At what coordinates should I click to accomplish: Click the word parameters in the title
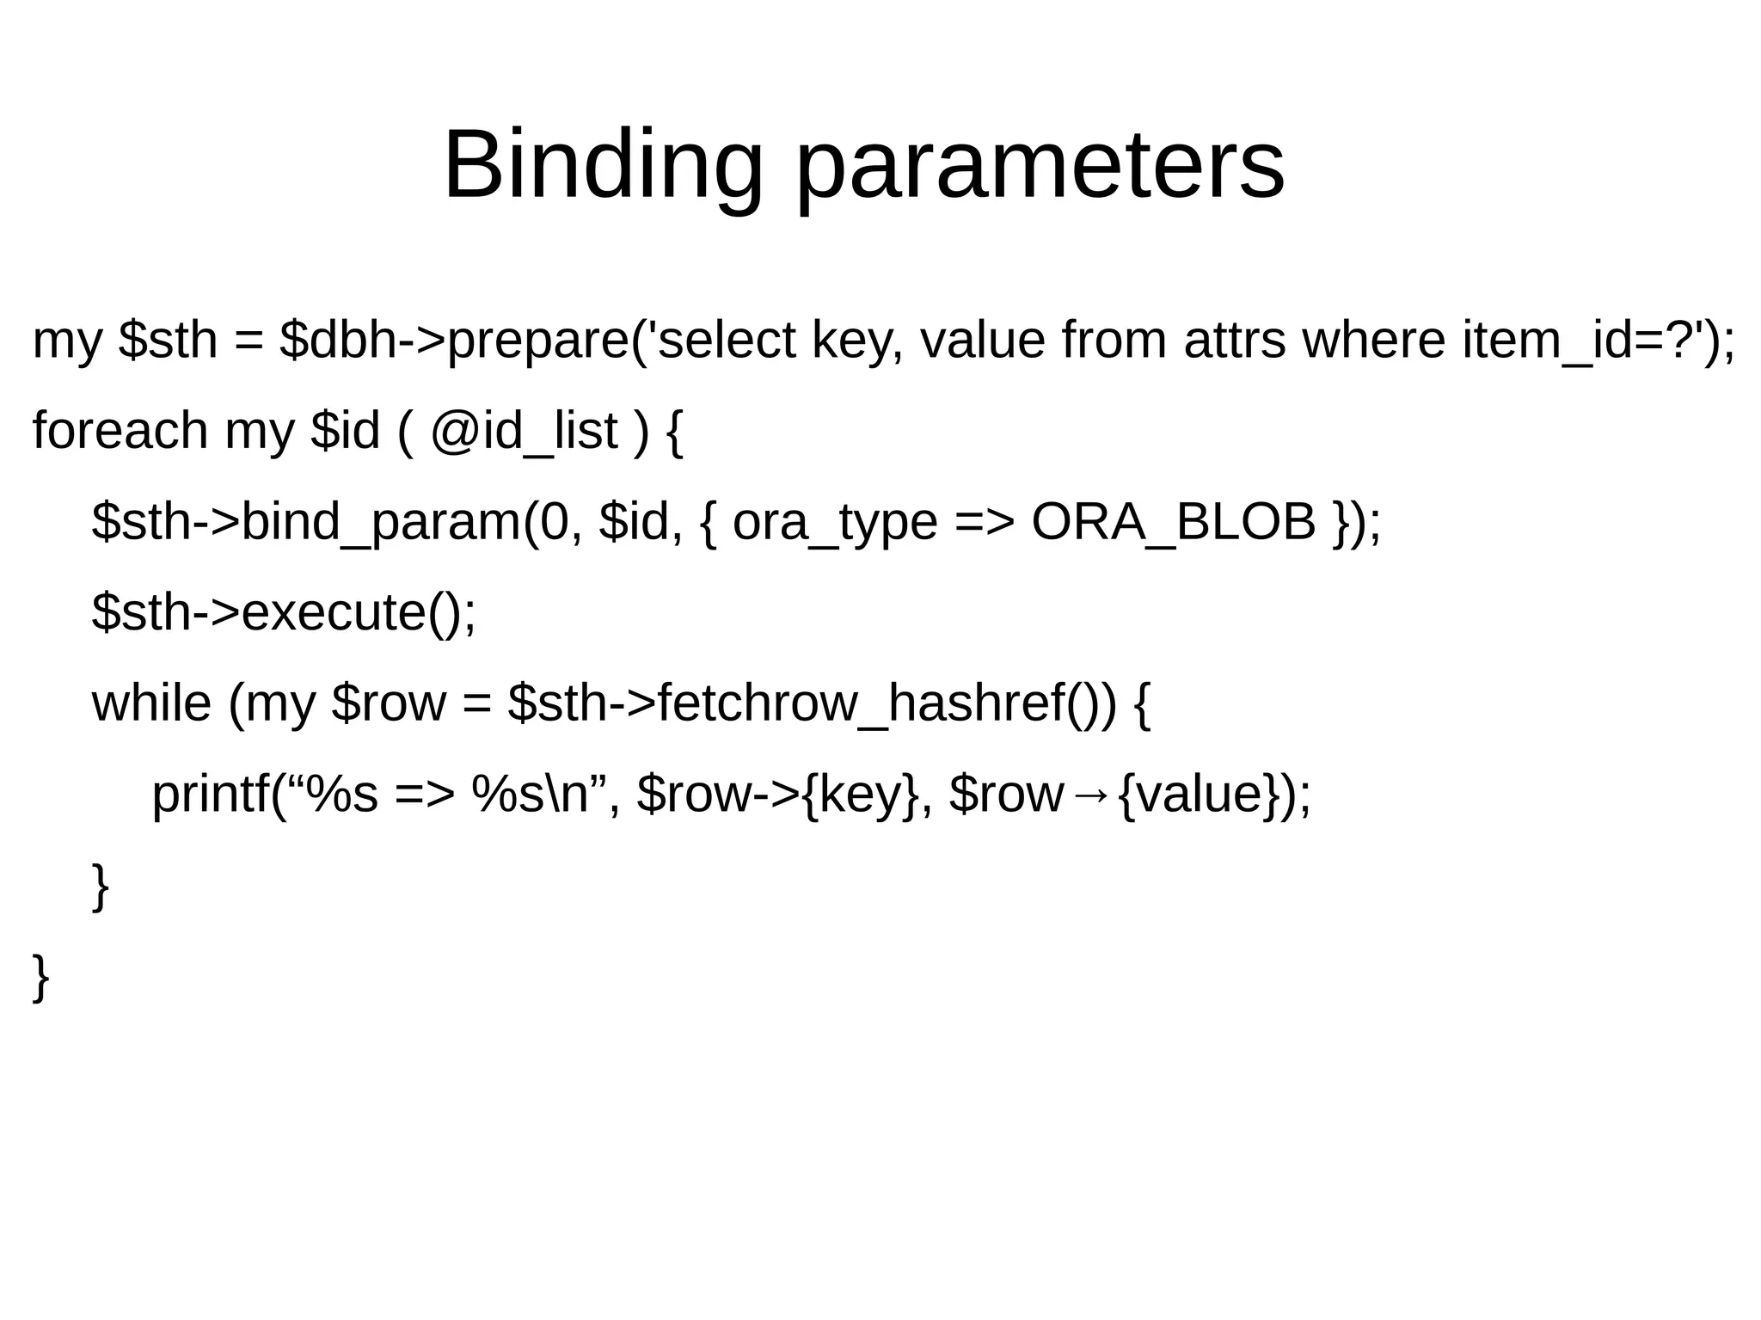pyautogui.click(x=1040, y=165)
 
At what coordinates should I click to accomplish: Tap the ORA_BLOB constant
pyautogui.click(x=1173, y=522)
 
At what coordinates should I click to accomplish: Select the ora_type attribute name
pyautogui.click(x=834, y=522)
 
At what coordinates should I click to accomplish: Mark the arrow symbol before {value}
pyautogui.click(x=1089, y=795)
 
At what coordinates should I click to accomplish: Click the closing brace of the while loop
pyautogui.click(x=101, y=885)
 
